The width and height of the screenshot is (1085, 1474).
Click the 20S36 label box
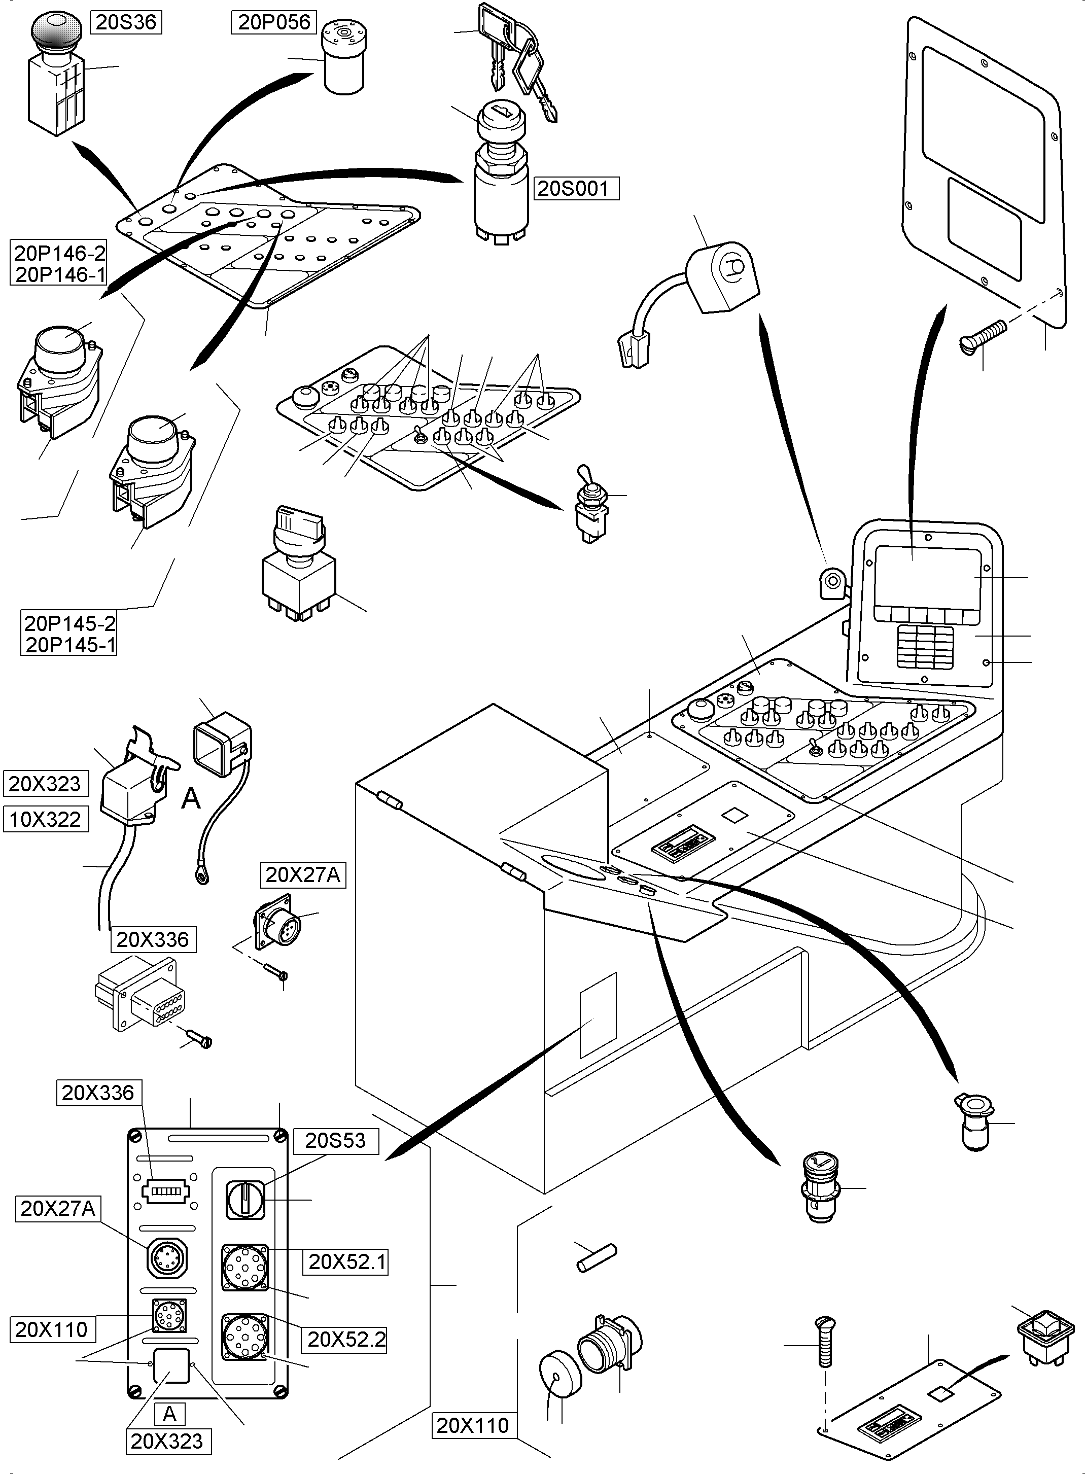click(125, 22)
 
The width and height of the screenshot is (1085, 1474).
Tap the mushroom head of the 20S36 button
click(54, 29)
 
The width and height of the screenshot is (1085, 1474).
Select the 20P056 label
click(274, 22)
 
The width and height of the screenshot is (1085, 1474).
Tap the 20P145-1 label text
click(69, 645)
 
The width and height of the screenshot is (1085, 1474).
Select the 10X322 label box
click(45, 819)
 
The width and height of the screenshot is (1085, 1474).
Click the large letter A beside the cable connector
click(190, 799)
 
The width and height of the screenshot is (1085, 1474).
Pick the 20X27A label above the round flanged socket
click(303, 875)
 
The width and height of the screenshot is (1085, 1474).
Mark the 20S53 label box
click(335, 1140)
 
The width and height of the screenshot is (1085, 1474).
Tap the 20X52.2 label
click(346, 1340)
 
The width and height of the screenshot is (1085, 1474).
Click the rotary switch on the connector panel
click(245, 1200)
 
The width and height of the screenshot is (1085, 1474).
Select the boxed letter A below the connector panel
click(169, 1414)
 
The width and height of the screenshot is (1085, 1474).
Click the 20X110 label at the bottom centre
click(472, 1425)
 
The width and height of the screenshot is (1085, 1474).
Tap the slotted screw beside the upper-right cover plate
click(983, 336)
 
